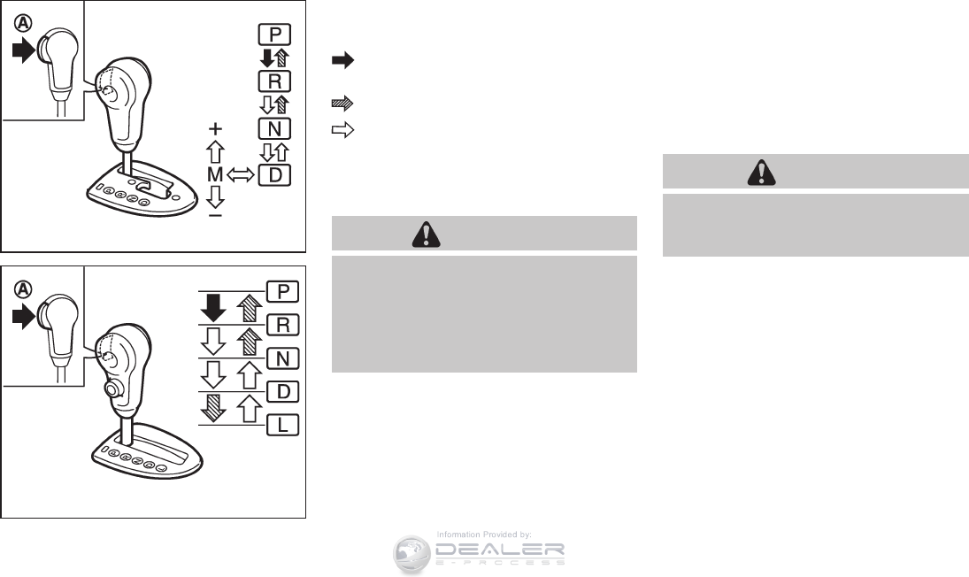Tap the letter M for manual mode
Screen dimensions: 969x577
click(x=214, y=175)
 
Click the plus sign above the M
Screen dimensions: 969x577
click(x=215, y=127)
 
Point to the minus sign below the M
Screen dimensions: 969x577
click(x=215, y=214)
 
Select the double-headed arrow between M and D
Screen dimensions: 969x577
click(x=240, y=175)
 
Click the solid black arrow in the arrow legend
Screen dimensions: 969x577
click(x=342, y=60)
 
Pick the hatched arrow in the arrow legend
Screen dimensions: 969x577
click(x=342, y=104)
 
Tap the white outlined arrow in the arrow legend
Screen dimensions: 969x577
click(x=342, y=130)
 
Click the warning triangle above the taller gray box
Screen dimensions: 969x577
click(x=427, y=234)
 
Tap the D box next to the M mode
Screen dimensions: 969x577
click(x=274, y=175)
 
